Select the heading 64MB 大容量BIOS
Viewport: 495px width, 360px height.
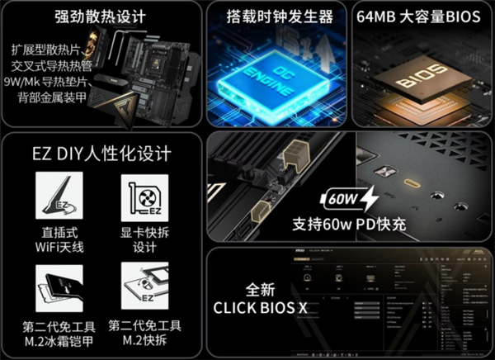pos(421,16)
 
